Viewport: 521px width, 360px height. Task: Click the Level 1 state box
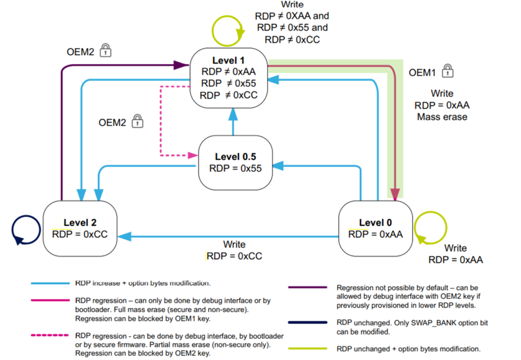click(228, 78)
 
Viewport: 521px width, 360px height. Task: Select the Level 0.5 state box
click(235, 163)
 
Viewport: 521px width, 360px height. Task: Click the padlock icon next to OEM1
click(448, 70)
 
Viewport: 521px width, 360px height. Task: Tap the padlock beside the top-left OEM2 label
click(106, 49)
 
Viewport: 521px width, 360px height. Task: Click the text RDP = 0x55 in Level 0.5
click(235, 168)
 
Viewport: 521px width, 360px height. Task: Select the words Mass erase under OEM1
click(441, 116)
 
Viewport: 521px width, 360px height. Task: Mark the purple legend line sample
click(307, 288)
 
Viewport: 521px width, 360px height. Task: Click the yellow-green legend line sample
click(307, 349)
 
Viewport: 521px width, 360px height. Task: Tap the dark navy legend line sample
click(307, 323)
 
